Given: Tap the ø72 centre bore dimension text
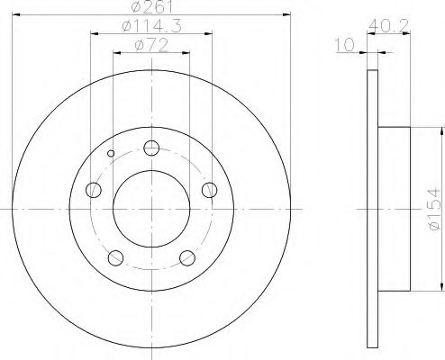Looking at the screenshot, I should (x=150, y=44).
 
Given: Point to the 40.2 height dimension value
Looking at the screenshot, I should (x=389, y=28).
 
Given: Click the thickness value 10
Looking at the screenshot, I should (x=343, y=44).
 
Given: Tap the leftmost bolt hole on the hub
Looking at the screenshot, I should (x=93, y=190).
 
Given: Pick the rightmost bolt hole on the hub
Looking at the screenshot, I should (x=209, y=189).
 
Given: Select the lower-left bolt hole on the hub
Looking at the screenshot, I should (x=115, y=258).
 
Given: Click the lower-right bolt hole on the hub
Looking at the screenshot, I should (x=187, y=258).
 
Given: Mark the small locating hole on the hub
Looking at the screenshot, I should (x=111, y=154).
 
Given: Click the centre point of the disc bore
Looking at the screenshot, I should (x=151, y=209).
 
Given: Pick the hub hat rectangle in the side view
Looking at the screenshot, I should (x=395, y=209).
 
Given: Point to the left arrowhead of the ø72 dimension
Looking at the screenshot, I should (x=115, y=50).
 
